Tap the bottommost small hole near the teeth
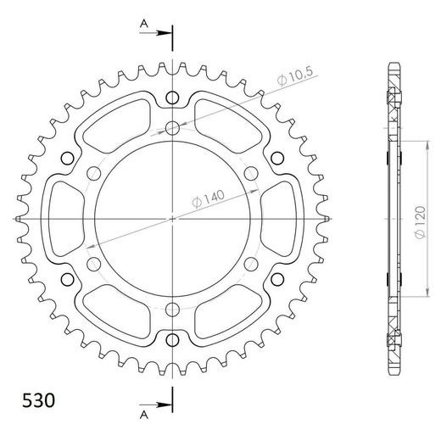coord(173,340)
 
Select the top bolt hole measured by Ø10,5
coord(173,129)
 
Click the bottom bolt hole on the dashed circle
coord(173,308)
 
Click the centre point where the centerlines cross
coord(173,219)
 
